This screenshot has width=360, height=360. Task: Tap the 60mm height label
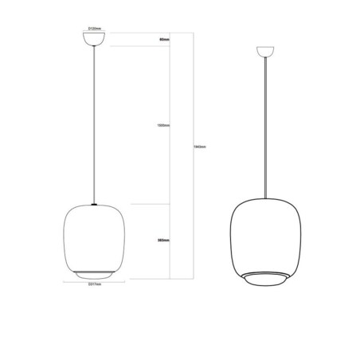coord(165,38)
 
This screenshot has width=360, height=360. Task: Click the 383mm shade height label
coord(165,240)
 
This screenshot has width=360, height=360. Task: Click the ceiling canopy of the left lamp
coord(95,41)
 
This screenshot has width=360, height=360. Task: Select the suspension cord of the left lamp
coord(95,119)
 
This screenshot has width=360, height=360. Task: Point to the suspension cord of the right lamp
coord(263,127)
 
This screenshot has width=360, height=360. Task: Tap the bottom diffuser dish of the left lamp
coord(95,273)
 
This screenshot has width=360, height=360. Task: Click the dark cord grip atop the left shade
coord(95,204)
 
